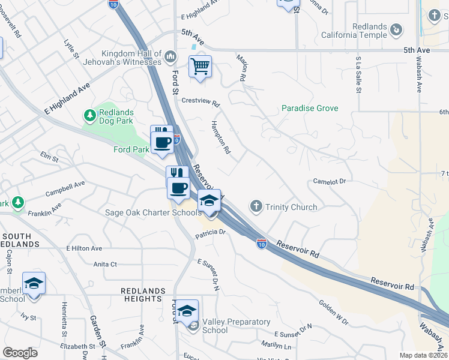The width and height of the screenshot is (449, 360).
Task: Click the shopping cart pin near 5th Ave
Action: [x=200, y=67]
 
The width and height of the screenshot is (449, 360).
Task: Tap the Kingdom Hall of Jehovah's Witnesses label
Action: [x=131, y=58]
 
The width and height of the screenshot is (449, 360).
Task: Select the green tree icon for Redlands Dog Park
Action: [x=90, y=115]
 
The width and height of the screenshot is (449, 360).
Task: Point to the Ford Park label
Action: [x=131, y=149]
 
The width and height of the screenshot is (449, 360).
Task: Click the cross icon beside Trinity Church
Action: [x=256, y=207]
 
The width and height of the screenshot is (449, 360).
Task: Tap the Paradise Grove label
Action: [x=310, y=109]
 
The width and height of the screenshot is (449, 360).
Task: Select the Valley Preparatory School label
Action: [x=236, y=326]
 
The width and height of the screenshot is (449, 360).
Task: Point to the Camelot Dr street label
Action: [x=330, y=181]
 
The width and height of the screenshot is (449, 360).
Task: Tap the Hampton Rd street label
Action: [x=220, y=137]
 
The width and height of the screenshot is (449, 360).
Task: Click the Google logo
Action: [x=20, y=353]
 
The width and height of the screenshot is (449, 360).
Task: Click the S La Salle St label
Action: [x=358, y=75]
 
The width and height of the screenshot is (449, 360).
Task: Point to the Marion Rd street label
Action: [x=243, y=68]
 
